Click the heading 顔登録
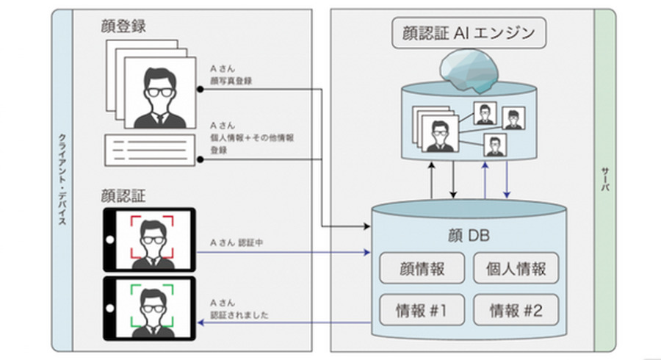(123, 26)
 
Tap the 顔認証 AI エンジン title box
(469, 33)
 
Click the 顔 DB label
(469, 236)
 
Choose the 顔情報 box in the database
(422, 268)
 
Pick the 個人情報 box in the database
(516, 268)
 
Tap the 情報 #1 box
(422, 309)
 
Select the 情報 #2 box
(516, 309)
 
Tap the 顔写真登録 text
(231, 82)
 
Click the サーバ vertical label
(604, 180)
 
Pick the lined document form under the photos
(151, 150)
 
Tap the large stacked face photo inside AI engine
(439, 135)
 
